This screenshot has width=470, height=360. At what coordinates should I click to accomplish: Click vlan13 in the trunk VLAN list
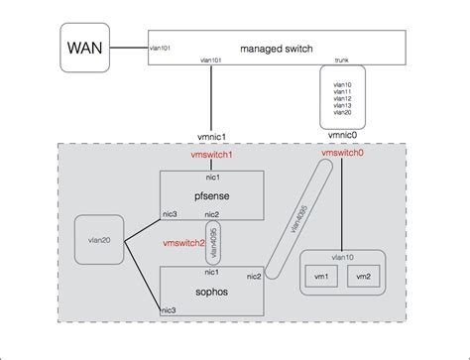pyautogui.click(x=341, y=104)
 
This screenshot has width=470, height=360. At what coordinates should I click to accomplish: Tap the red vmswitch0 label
pyautogui.click(x=342, y=157)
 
